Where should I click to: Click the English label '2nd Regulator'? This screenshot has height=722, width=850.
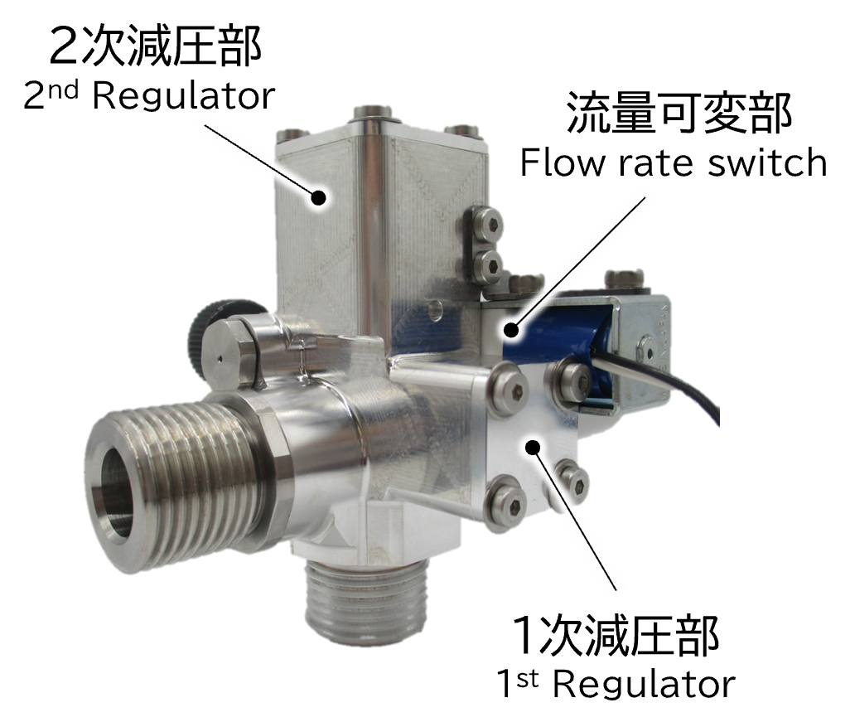(x=150, y=96)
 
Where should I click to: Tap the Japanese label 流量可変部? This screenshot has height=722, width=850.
(x=679, y=113)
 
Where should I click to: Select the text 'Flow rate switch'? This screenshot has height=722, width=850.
(x=674, y=162)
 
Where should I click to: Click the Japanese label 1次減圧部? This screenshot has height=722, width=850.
(x=616, y=635)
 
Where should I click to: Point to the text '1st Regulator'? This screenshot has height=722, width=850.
(x=616, y=684)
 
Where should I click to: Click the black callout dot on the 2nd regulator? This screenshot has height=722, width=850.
(x=318, y=197)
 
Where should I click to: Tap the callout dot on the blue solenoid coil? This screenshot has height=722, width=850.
(x=510, y=329)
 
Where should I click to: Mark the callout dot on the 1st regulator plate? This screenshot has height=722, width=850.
(x=533, y=447)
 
